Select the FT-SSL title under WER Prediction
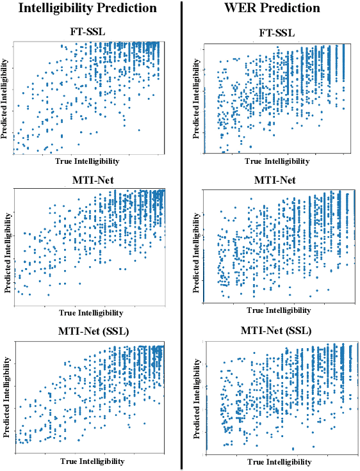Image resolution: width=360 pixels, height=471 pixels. coord(276,32)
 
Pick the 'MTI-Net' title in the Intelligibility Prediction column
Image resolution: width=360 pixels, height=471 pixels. coord(90,180)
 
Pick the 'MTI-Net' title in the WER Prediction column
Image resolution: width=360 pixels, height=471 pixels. coord(276,180)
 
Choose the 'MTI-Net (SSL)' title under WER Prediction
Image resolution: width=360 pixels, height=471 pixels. coord(276,331)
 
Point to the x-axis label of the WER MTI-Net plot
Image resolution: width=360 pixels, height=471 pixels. coord(276,310)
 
